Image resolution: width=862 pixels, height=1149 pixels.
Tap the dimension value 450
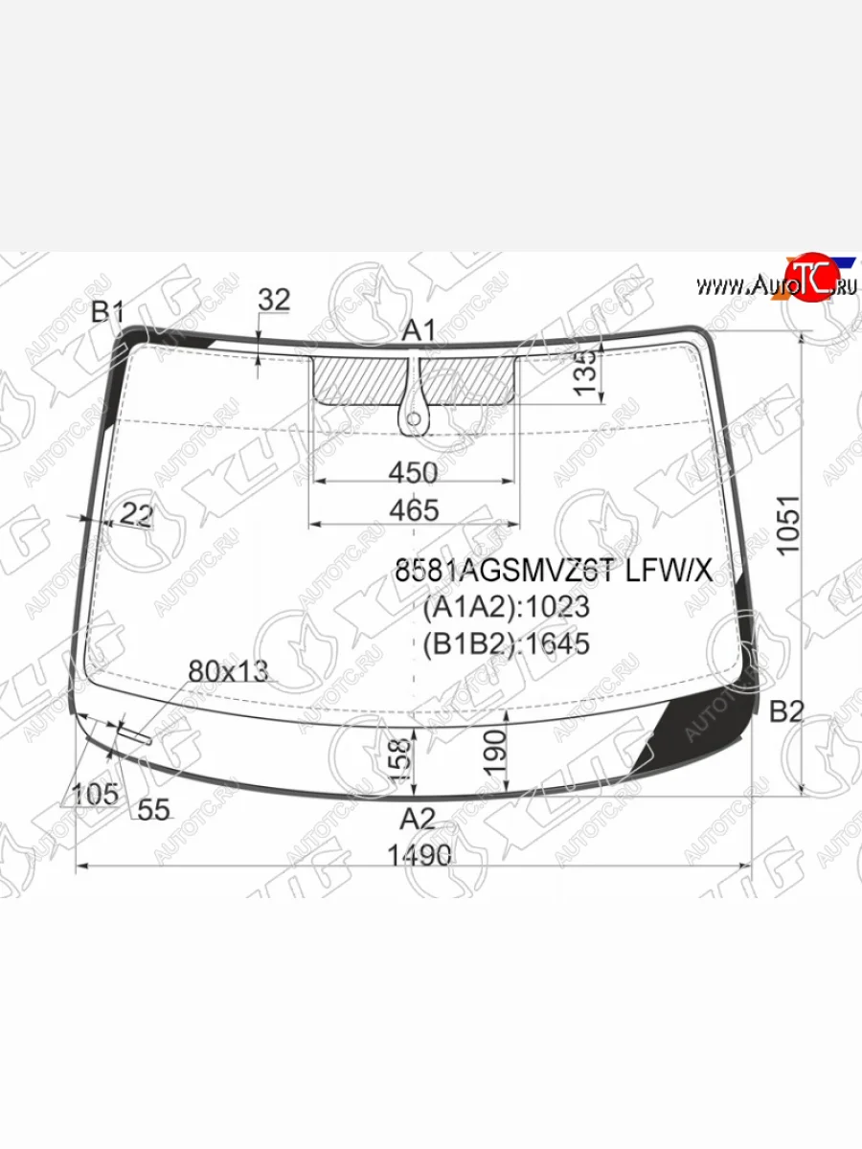pos(415,473)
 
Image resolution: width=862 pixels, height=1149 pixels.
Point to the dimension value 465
pos(415,510)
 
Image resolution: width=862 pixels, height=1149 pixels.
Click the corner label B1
pos(108,312)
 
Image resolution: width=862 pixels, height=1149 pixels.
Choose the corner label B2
pos(787,710)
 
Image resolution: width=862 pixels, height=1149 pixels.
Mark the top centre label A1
pos(419,331)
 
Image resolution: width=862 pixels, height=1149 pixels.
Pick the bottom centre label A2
pos(418,819)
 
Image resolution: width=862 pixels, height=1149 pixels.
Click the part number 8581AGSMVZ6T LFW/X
pos(554,572)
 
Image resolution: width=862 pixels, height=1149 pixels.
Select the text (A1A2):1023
pos(507,608)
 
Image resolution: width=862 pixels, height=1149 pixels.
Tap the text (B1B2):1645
pos(507,643)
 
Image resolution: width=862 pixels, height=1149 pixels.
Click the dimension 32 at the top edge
pos(274,300)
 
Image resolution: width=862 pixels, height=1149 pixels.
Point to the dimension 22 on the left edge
pos(137,516)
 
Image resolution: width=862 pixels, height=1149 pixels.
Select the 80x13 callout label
pos(228,671)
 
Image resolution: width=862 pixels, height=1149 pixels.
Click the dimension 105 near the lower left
pos(96,794)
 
